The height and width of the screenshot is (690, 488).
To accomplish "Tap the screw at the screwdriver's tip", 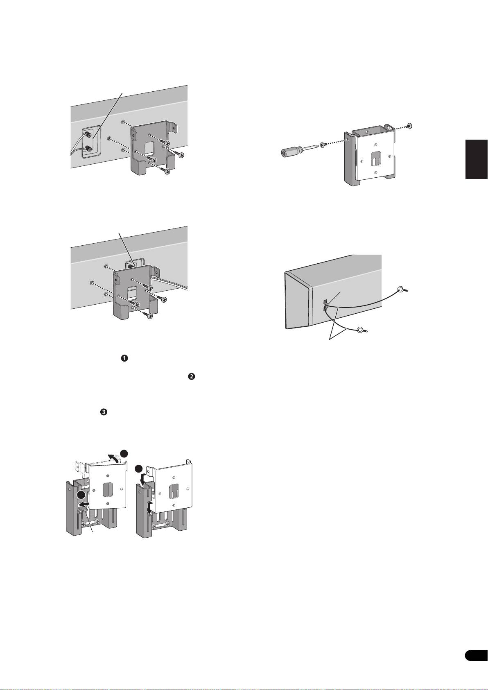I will (323, 144).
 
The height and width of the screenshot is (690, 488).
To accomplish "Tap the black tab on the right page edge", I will (477, 159).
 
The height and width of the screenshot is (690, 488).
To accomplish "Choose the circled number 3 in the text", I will (103, 413).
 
